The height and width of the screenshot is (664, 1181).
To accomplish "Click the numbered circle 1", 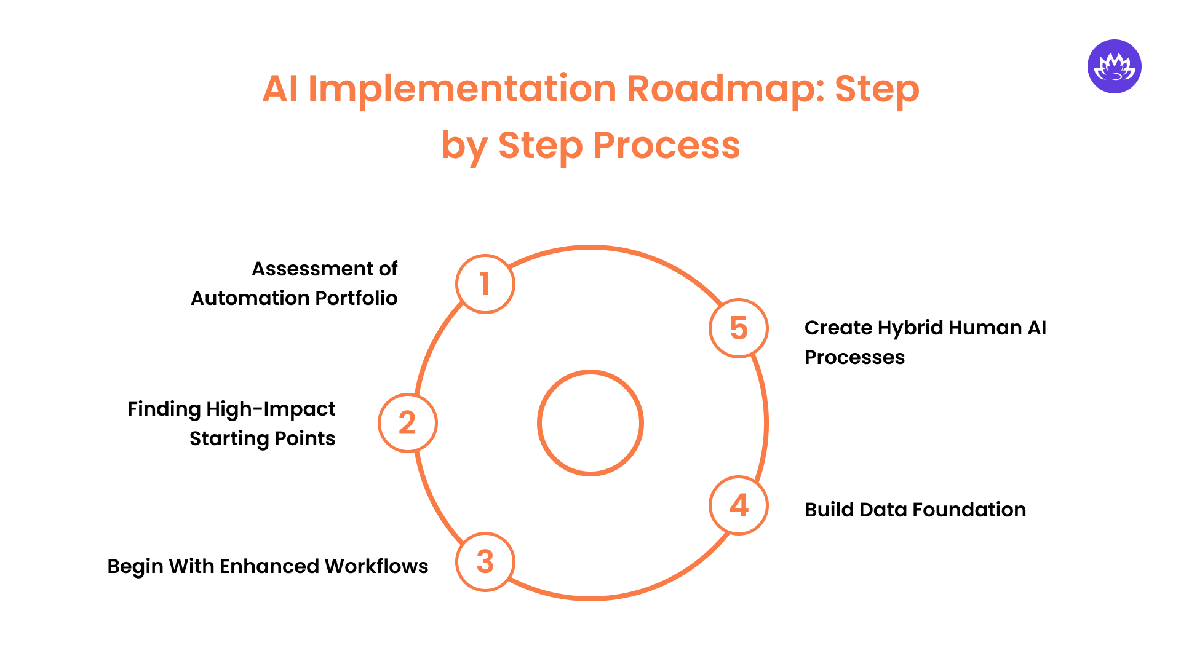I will (485, 284).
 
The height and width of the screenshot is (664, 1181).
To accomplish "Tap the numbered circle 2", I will (407, 423).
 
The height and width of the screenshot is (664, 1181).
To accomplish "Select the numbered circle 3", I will (485, 562).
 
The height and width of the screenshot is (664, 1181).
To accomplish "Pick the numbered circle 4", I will (738, 505).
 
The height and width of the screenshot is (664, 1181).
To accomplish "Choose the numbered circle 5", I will (738, 328).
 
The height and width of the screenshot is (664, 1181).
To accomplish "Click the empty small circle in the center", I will (590, 423).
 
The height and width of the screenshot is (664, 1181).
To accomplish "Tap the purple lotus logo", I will (1114, 66).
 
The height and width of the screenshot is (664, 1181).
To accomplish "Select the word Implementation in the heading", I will (462, 89).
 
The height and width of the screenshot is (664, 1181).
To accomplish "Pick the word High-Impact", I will (271, 409).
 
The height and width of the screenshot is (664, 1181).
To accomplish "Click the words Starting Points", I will (262, 439).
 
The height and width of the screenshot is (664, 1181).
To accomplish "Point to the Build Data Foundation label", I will (915, 510).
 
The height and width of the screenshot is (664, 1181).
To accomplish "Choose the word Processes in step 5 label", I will (854, 357).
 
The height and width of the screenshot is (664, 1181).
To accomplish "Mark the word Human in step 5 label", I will (985, 328).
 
